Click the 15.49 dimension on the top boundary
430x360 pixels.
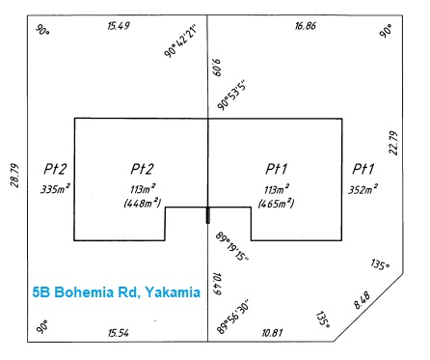[119, 25]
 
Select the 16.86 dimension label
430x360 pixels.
[306, 25]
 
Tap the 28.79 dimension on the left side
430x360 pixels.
[14, 176]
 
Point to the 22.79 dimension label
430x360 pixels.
[393, 143]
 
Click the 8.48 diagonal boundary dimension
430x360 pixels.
[363, 300]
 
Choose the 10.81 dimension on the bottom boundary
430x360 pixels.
[272, 332]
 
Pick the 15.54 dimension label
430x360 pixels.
[119, 333]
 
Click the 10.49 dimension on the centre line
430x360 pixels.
[217, 284]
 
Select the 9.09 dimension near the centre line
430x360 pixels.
[217, 67]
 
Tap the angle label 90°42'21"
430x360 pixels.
[180, 42]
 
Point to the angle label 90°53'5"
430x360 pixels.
[232, 95]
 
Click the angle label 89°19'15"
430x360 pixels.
[232, 246]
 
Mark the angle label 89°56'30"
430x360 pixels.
[233, 318]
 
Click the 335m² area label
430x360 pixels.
[55, 189]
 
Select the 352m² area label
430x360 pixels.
[363, 189]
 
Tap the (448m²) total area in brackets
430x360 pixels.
[142, 203]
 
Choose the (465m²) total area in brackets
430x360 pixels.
[276, 203]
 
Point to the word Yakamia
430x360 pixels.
[173, 292]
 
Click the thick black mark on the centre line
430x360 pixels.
[207, 215]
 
